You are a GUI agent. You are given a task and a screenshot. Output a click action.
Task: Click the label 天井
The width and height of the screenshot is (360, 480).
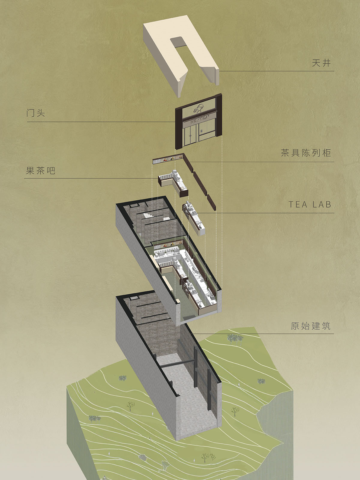[x=321, y=63]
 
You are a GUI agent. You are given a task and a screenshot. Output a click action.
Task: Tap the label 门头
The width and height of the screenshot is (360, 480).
[x=36, y=113]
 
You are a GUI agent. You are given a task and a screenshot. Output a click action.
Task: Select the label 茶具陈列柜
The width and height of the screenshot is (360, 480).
[x=306, y=153]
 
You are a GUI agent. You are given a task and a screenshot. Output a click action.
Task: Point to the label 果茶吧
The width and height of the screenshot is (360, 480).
[x=40, y=171]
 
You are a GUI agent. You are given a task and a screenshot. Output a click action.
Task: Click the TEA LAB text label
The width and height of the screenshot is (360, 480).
[x=310, y=205]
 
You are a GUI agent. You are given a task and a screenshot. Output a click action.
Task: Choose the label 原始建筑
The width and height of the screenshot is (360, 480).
[x=310, y=326]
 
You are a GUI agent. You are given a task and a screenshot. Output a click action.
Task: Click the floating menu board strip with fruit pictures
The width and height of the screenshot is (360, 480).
[x=168, y=159]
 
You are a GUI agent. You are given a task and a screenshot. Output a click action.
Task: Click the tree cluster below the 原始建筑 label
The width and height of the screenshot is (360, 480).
[x=235, y=338]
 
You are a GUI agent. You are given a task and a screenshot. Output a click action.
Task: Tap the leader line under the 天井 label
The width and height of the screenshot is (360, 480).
[x=277, y=71]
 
